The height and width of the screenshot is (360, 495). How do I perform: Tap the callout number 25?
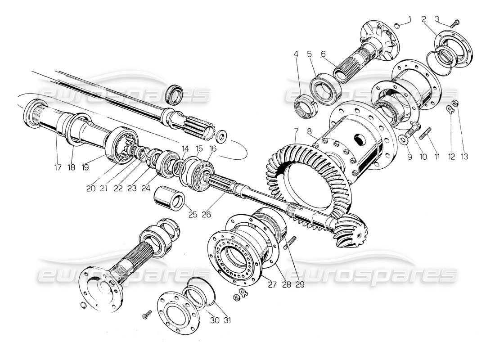[x=193, y=214]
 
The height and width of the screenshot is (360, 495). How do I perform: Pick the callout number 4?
[x=296, y=54]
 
